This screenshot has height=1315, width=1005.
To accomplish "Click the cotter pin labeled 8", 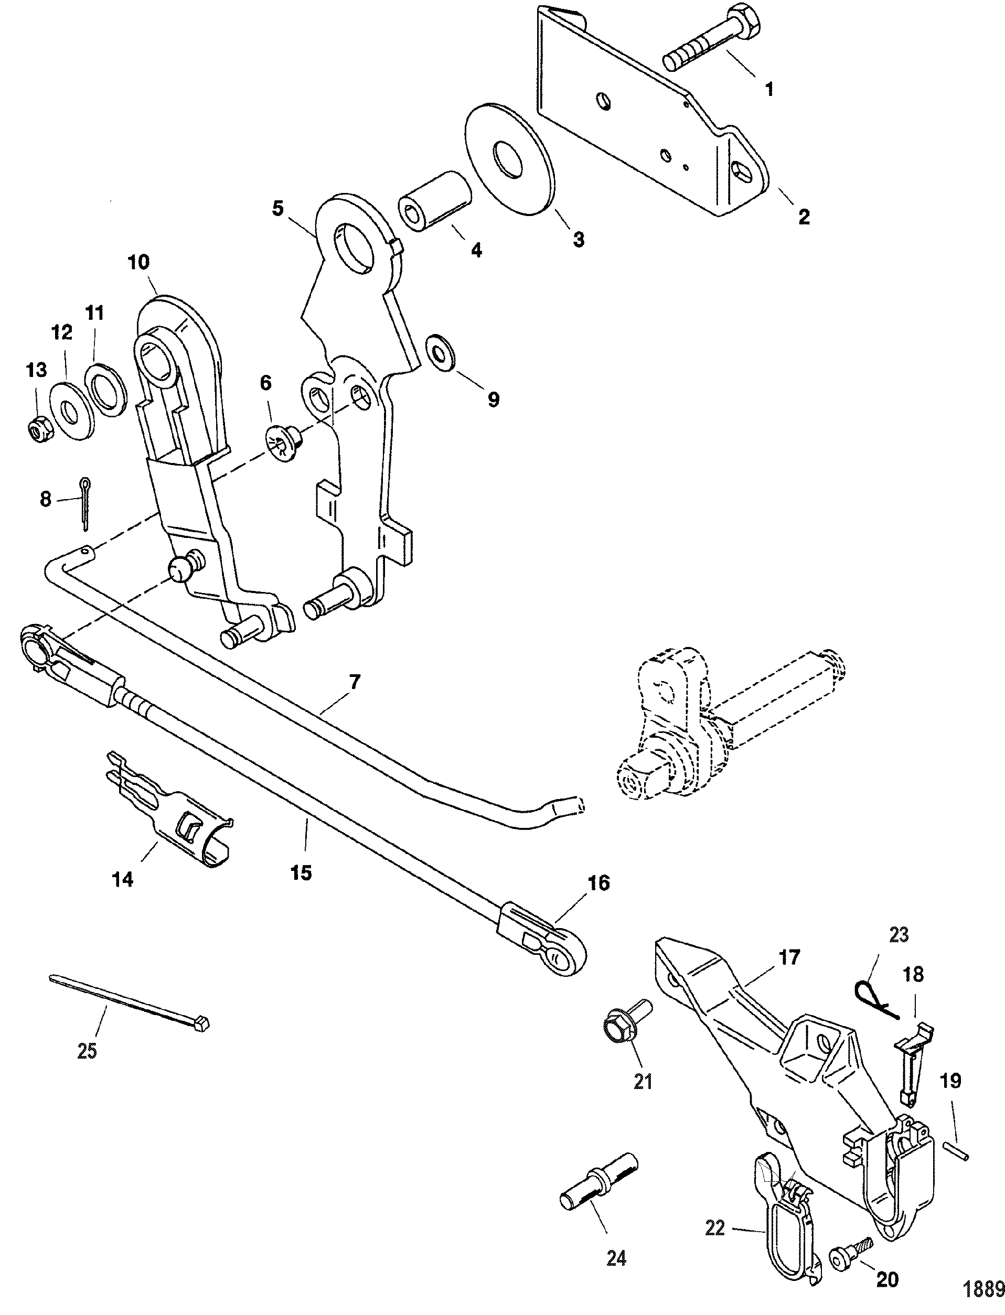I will point(85,502).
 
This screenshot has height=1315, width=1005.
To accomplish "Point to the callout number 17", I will point(789,958).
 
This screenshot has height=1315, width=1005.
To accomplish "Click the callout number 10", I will point(139,262).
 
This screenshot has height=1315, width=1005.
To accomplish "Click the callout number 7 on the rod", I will point(355,682).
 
